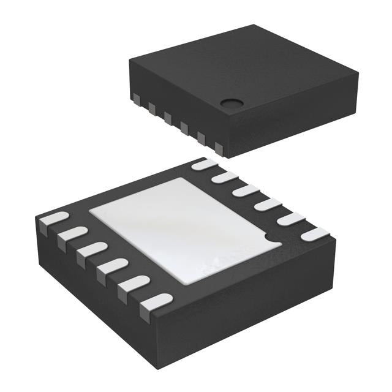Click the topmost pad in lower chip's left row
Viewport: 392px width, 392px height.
click(53, 220)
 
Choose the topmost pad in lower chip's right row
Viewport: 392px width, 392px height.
click(204, 164)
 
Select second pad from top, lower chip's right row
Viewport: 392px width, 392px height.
click(224, 178)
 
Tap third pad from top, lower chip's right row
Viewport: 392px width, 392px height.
click(246, 190)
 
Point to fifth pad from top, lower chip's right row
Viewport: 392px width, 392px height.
click(290, 219)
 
